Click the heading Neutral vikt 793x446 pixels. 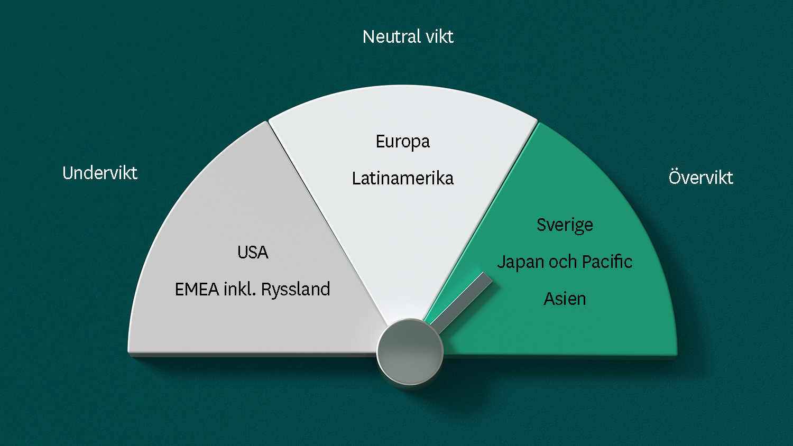click(408, 37)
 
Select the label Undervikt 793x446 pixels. click(100, 173)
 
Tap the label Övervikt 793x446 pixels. click(700, 176)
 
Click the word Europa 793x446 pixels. click(403, 142)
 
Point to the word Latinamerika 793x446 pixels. click(403, 178)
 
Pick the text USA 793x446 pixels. click(253, 253)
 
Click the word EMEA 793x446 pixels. click(197, 289)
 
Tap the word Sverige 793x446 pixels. click(565, 226)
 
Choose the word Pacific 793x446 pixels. click(607, 262)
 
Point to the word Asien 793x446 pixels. click(565, 299)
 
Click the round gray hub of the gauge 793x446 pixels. click(410, 351)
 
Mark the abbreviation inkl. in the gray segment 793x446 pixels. click(239, 289)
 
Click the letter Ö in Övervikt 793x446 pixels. click(675, 176)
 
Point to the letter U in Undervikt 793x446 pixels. click(68, 173)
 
